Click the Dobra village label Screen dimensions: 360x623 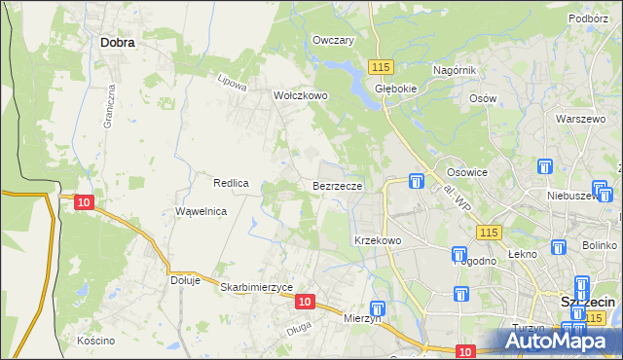pos(117,43)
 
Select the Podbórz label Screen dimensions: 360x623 pos(589,18)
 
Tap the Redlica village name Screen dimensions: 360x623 pos(233,183)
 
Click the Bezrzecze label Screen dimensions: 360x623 pos(338,185)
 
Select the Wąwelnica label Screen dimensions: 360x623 pos(201,211)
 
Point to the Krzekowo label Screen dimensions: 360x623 pos(378,240)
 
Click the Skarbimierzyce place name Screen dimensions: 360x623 pos(257,287)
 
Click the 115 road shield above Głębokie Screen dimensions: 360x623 pos(381,65)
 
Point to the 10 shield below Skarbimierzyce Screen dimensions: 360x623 pos(305,303)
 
